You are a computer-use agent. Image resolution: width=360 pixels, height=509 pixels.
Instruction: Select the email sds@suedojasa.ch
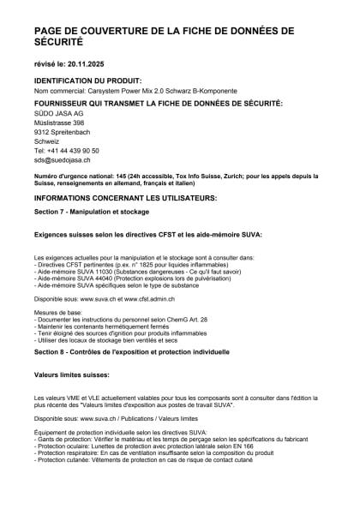point(63,160)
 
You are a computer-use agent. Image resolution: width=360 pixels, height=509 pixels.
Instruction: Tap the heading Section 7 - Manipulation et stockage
point(92,210)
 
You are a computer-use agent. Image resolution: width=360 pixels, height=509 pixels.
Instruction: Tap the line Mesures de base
point(57,313)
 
